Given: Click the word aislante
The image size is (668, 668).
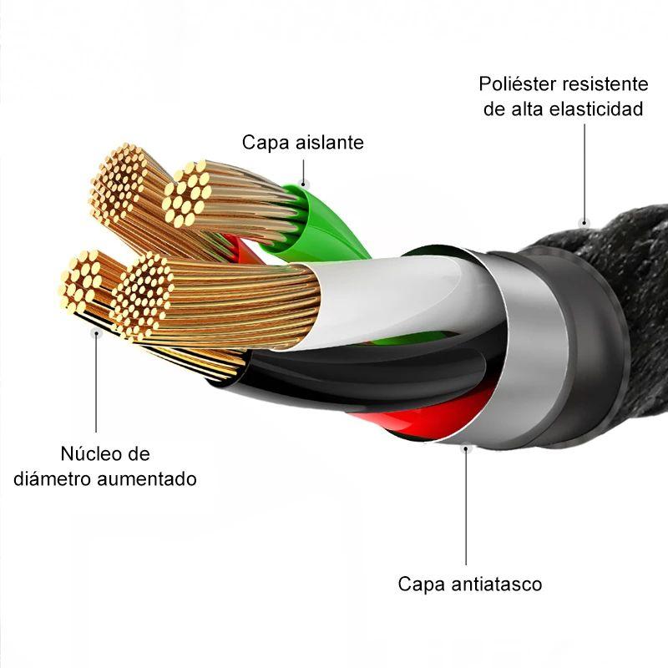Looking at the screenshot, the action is (330, 142).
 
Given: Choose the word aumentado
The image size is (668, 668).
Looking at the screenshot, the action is (147, 478).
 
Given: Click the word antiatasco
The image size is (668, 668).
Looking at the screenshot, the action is (497, 584).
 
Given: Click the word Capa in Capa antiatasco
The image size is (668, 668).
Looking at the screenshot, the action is (422, 584).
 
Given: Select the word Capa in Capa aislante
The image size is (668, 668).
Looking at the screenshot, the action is (266, 142).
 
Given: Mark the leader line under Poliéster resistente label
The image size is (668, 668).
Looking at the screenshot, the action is (584, 172).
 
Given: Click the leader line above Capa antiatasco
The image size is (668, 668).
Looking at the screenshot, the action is (466, 507).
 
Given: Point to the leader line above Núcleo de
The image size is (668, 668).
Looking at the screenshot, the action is (96, 382).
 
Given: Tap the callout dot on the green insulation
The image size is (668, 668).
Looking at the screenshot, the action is (304, 185).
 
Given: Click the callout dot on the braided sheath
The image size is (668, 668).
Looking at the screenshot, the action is (584, 221).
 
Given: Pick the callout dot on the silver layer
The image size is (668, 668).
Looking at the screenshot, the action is (466, 448).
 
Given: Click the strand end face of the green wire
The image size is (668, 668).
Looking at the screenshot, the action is (187, 194).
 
